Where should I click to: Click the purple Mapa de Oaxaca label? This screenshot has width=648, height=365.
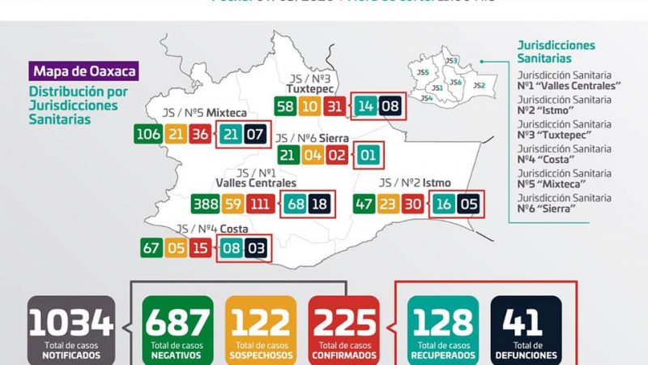[x=84, y=71]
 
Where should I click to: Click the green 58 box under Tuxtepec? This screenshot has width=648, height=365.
[x=285, y=106]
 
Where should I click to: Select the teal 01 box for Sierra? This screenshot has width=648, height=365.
[x=368, y=155]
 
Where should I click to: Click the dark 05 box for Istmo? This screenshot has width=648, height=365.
[x=468, y=204]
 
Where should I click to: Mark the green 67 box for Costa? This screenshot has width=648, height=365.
[x=151, y=247]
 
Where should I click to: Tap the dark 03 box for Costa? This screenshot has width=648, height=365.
[x=256, y=247]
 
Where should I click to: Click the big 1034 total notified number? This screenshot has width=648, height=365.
[x=71, y=323]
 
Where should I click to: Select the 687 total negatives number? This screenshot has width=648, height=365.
[x=177, y=323]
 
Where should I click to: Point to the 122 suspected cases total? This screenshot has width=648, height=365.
[x=261, y=323]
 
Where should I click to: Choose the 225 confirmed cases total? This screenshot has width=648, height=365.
[x=343, y=323]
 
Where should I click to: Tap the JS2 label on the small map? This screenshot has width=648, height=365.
[x=479, y=85]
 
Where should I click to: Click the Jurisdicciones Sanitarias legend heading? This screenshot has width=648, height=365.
[x=556, y=52]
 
